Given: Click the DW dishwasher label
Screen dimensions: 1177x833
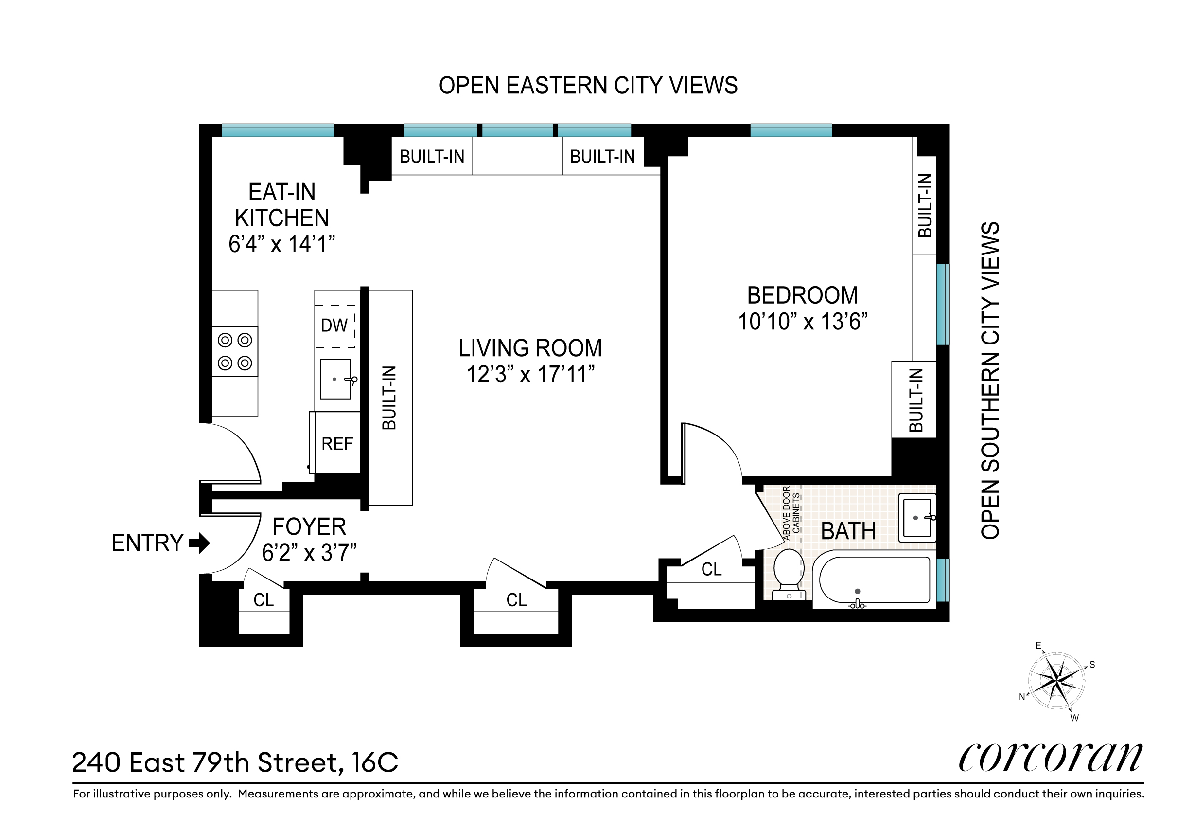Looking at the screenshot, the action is pyautogui.click(x=334, y=325).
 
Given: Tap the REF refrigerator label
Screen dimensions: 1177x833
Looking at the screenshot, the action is pyautogui.click(x=337, y=444).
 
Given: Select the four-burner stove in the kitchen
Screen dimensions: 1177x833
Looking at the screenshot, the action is pyautogui.click(x=235, y=351).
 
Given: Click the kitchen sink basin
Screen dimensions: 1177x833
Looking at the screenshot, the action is pyautogui.click(x=335, y=379).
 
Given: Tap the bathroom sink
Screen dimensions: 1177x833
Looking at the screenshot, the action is pyautogui.click(x=917, y=518).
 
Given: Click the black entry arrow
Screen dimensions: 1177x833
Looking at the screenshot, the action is pyautogui.click(x=199, y=543).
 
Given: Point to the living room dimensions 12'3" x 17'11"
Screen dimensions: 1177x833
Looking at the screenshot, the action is pyautogui.click(x=530, y=375).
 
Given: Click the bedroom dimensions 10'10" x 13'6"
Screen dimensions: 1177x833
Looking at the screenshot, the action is pyautogui.click(x=803, y=322).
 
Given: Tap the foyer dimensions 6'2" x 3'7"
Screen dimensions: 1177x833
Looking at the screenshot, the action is pyautogui.click(x=309, y=553).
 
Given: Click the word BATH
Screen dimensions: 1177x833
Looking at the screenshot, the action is pyautogui.click(x=848, y=531).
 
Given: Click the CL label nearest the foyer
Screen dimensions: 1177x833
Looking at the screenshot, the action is pyautogui.click(x=264, y=600).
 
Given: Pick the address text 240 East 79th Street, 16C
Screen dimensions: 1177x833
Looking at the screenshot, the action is pyautogui.click(x=235, y=763).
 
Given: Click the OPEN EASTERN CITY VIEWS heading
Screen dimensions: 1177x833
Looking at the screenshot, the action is pyautogui.click(x=588, y=85).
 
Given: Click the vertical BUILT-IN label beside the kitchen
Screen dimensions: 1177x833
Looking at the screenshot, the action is pyautogui.click(x=389, y=398).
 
